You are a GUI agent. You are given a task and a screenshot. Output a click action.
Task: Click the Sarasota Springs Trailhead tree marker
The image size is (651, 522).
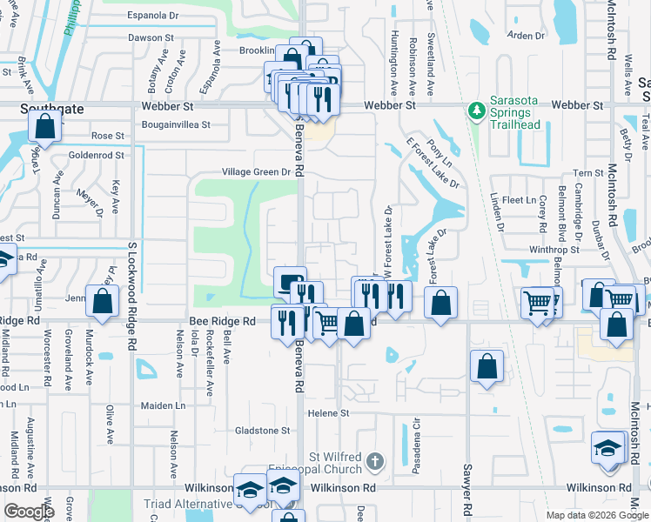[476, 110]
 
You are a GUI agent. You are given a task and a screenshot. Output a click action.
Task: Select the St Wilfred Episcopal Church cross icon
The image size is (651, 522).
[374, 461]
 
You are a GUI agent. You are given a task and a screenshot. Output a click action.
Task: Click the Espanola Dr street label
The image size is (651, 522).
[152, 16]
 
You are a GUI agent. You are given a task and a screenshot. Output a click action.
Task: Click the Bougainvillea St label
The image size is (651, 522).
[176, 124]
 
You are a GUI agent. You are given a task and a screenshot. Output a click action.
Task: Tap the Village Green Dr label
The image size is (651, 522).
[256, 172]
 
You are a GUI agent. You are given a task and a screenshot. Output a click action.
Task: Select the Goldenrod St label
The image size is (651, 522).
[97, 154]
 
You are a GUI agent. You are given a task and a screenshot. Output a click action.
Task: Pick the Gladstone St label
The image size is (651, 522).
[262, 431]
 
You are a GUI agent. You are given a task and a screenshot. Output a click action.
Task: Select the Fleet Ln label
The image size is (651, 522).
[520, 200]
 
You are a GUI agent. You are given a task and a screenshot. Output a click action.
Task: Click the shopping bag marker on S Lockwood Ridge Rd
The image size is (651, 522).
[103, 302]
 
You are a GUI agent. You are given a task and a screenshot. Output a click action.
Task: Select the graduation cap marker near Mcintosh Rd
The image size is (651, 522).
[607, 448]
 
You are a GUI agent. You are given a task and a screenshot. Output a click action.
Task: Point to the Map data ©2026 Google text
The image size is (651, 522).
[597, 515]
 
